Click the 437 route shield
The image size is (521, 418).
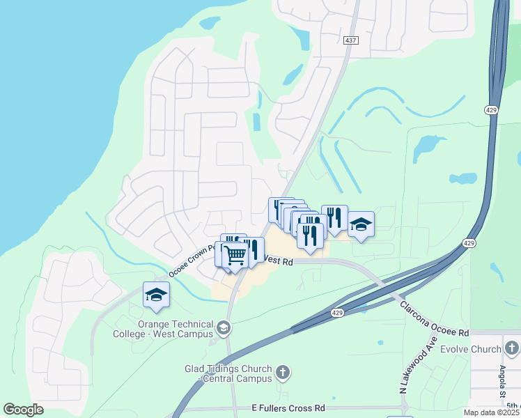[350, 41]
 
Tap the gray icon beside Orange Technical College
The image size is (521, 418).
[224, 327]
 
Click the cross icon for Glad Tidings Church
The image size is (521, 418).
[283, 372]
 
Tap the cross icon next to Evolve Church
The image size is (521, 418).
[512, 347]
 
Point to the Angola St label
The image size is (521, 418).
[502, 379]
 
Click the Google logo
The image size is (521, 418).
[24, 409]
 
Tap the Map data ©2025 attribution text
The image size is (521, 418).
[490, 412]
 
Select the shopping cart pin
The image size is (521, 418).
[235, 254]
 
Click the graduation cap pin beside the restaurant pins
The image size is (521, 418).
[360, 224]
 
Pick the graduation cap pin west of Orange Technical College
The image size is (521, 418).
[156, 295]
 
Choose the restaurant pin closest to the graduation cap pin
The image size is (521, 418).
[334, 218]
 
